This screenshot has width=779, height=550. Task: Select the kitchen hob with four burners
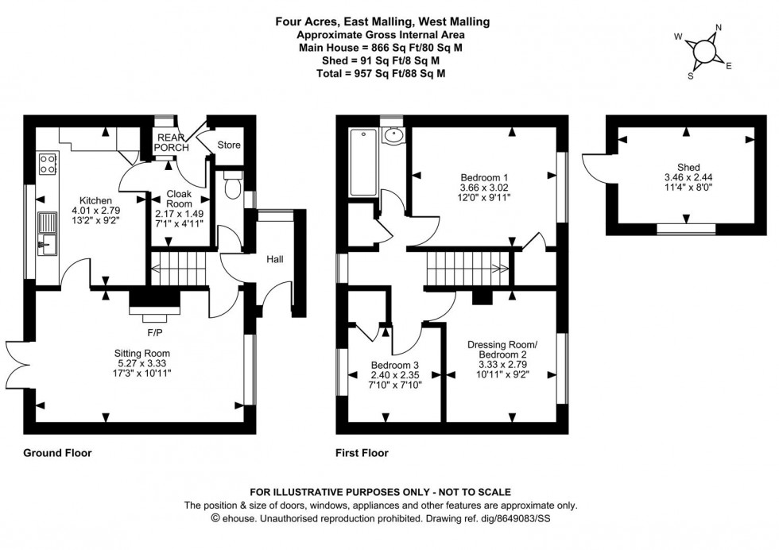[47, 164]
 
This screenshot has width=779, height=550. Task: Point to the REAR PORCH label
[172, 142]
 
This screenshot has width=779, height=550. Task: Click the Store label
[229, 145]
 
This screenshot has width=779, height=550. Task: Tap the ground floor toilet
[233, 186]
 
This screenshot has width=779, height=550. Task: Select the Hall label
[275, 259]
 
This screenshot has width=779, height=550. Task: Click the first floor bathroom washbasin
[392, 136]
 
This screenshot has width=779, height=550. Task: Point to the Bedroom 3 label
[395, 366]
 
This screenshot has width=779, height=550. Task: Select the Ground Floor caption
[58, 454]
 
